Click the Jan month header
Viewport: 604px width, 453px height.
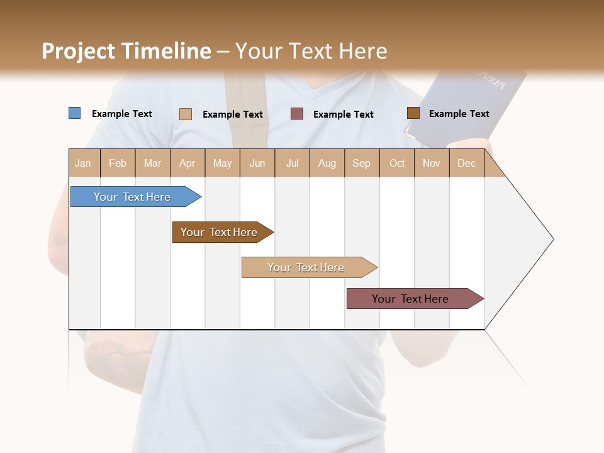click(84, 163)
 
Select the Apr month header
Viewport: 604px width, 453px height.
click(187, 163)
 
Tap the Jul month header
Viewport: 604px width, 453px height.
click(292, 163)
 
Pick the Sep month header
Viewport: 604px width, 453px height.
click(362, 163)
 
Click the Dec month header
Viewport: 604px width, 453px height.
click(466, 163)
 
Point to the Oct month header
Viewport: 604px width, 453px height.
click(397, 163)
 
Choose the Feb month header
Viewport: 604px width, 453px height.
click(118, 163)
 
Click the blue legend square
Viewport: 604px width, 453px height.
click(74, 113)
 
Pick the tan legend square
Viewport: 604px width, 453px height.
click(186, 114)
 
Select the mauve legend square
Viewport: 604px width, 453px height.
click(297, 113)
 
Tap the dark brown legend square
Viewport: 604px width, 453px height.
click(413, 113)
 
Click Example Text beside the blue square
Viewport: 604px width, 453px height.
click(122, 114)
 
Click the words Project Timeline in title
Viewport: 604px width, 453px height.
click(126, 51)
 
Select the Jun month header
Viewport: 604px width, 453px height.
click(257, 163)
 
